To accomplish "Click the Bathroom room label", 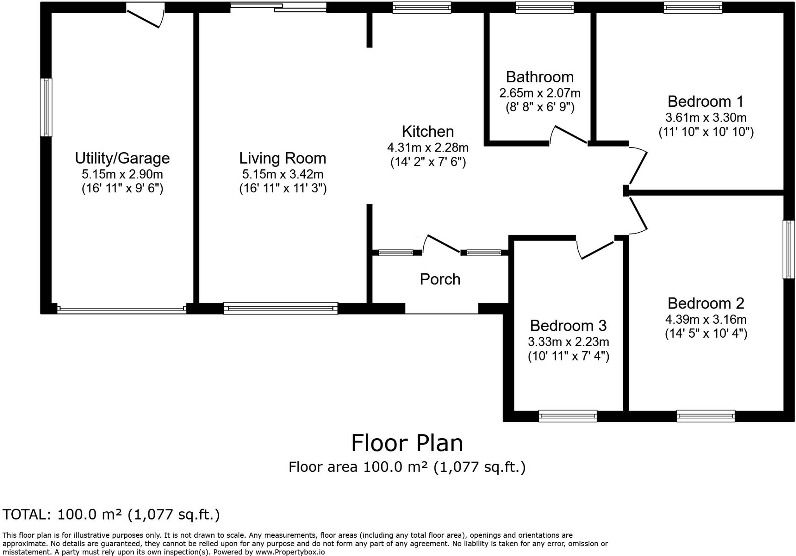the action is (x=539, y=77).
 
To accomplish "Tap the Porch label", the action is (x=440, y=279).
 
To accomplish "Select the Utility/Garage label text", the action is (x=122, y=158).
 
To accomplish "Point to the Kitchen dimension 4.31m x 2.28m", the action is (x=428, y=148).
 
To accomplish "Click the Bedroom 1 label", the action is (x=705, y=101).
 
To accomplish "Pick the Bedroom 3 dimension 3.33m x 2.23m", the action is (x=568, y=342).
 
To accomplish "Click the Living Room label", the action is (x=283, y=158).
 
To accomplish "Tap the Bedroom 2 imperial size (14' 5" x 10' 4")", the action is (x=706, y=334).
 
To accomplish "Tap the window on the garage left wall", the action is (x=46, y=107).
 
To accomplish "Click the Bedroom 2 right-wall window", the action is (x=789, y=249).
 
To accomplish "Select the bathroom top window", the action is (x=544, y=7).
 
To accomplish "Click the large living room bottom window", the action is (x=280, y=308).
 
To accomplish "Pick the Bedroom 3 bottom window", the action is (x=567, y=416).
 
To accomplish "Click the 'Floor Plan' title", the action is (x=407, y=443).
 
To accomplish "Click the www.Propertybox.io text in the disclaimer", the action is (x=290, y=552).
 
